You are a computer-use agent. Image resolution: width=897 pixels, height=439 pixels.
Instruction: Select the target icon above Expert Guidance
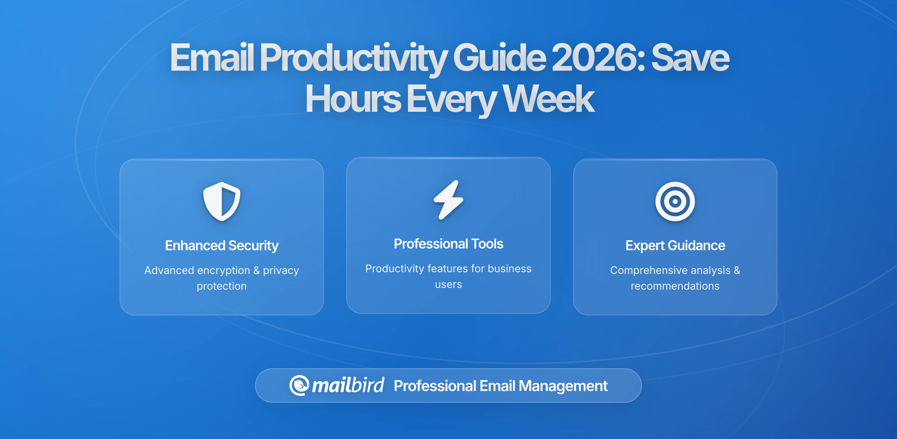[675, 201]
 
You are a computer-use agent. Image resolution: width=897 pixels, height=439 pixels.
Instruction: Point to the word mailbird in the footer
[348, 385]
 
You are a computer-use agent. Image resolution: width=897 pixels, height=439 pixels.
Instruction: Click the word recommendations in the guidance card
[675, 286]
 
